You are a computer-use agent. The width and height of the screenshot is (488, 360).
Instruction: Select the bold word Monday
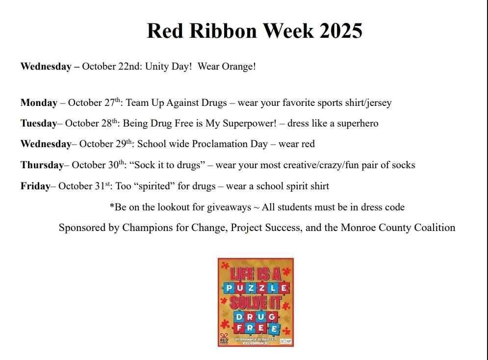pos(39,103)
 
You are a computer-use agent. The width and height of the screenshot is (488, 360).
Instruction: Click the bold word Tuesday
pos(39,124)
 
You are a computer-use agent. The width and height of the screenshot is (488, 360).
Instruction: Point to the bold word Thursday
pos(42,165)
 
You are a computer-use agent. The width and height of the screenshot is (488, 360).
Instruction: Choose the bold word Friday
pos(35,186)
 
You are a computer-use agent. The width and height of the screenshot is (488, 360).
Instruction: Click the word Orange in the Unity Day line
pos(239,66)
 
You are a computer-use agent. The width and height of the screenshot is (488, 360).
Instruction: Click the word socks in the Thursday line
pos(403,165)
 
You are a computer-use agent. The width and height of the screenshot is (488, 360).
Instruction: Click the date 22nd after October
pos(130,66)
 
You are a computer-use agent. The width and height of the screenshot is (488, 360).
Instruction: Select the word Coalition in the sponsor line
pos(435,228)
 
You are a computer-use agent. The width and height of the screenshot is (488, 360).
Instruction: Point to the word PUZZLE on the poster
pos(255,288)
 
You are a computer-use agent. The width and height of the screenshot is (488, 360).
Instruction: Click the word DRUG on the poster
pos(256,316)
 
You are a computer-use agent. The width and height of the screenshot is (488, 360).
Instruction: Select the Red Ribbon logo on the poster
pos(224,339)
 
